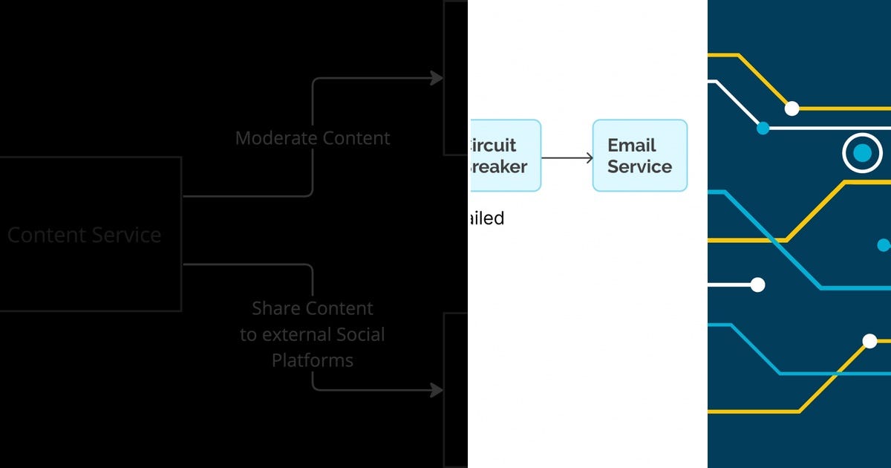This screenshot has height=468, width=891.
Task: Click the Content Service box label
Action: tap(84, 235)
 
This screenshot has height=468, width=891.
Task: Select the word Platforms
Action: tap(312, 361)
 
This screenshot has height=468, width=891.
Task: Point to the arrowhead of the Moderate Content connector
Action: tap(437, 78)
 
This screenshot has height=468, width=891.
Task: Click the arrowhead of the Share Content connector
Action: tap(437, 390)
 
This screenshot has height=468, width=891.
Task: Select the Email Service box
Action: tap(639, 156)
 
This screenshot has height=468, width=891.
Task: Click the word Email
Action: tap(631, 146)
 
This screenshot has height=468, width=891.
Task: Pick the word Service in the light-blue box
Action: tap(639, 166)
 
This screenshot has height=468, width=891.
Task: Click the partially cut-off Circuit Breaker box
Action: tap(505, 156)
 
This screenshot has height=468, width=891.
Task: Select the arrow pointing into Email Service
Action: tap(568, 157)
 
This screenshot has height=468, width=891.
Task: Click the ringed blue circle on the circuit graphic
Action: tap(861, 153)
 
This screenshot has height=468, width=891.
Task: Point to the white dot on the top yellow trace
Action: tap(792, 108)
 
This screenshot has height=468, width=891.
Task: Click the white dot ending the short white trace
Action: tap(757, 285)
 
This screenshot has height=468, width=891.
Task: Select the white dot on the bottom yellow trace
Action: tap(869, 341)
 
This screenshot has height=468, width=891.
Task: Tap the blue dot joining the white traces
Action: tap(763, 128)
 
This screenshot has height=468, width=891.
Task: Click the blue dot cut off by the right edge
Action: tap(884, 245)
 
